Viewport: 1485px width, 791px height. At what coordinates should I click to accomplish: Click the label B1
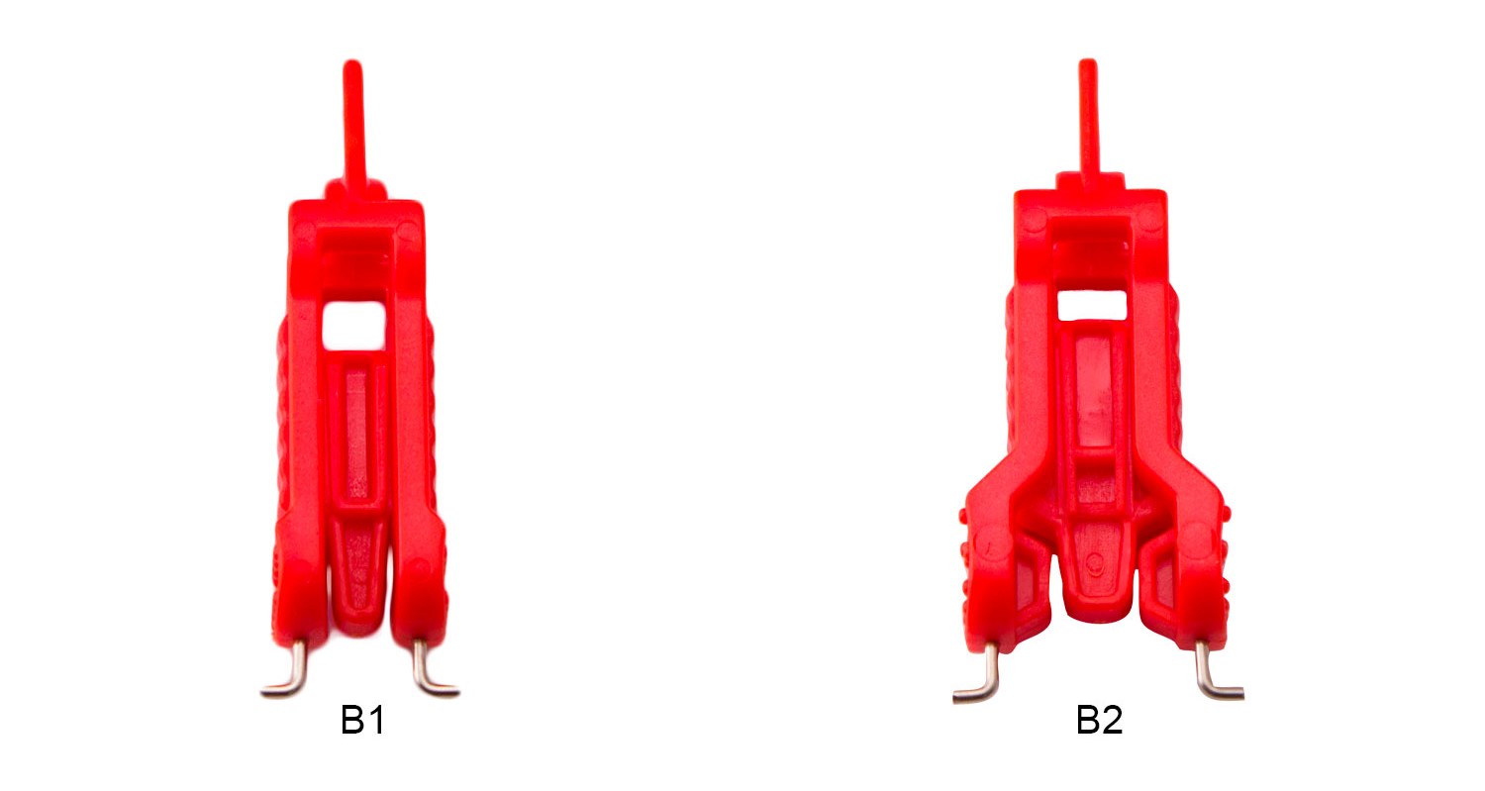[362, 720]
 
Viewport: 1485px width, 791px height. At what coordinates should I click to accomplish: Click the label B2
[1099, 720]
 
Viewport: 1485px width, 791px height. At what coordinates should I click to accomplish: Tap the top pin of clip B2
[1089, 120]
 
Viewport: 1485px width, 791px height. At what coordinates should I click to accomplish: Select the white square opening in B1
[354, 325]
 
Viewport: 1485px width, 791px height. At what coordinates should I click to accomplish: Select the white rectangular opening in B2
[1092, 305]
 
